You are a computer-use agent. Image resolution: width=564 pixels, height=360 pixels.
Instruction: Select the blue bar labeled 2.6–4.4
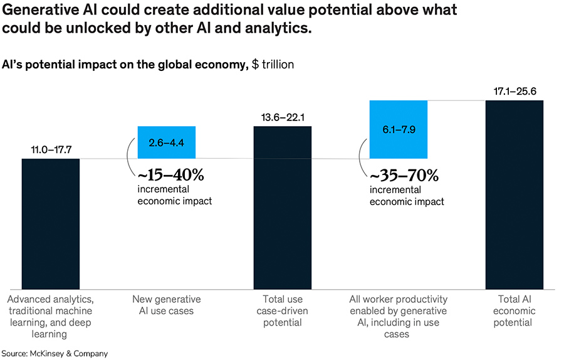click(167, 142)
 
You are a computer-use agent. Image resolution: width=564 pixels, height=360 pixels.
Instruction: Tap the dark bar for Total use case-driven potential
click(282, 206)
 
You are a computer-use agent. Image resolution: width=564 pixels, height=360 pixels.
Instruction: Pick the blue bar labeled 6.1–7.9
click(399, 129)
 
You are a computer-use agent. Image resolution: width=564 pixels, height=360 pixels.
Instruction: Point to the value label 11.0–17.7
click(51, 151)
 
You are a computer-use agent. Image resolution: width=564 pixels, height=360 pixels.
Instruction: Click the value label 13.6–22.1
click(282, 119)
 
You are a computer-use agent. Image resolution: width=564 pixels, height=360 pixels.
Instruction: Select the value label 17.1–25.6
click(514, 92)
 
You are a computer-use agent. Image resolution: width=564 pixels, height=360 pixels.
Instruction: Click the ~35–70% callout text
click(404, 174)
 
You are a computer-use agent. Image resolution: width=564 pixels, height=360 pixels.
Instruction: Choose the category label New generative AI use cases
click(167, 305)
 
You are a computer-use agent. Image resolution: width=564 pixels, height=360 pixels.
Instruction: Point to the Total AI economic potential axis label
click(514, 311)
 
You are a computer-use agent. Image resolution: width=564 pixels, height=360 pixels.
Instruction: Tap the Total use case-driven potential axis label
click(282, 311)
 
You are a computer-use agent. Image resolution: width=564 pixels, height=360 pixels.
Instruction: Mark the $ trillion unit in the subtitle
click(273, 64)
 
